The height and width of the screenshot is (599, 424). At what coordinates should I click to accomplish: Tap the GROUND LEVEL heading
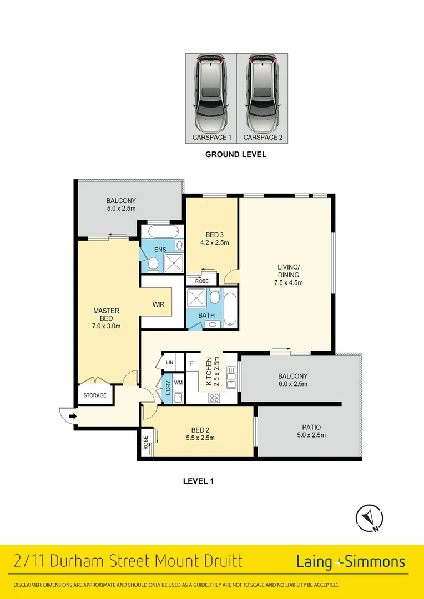click(x=236, y=154)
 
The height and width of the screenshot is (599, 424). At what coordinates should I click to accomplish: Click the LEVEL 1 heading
click(x=199, y=481)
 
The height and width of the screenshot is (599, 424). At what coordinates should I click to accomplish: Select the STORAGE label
click(x=95, y=395)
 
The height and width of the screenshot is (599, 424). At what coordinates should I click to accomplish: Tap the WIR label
click(x=159, y=304)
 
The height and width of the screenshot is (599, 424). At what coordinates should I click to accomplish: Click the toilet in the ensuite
click(x=153, y=266)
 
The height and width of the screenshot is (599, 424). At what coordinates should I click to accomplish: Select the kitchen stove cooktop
click(x=214, y=397)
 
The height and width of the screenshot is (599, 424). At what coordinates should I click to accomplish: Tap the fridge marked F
click(x=192, y=363)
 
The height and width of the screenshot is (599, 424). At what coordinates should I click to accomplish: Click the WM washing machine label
click(x=178, y=383)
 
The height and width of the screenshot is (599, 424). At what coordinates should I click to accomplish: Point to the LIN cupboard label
click(x=170, y=363)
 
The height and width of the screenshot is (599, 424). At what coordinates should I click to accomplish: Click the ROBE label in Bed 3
click(x=202, y=281)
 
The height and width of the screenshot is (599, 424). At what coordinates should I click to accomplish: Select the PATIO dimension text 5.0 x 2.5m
click(x=312, y=435)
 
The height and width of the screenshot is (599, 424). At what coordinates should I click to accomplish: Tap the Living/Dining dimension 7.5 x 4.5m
click(x=289, y=282)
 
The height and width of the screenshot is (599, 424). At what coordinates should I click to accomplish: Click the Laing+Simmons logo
click(x=351, y=562)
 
